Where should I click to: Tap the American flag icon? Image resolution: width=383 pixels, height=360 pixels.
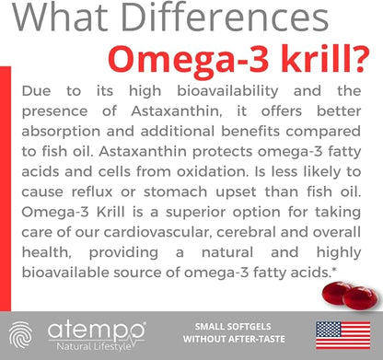point(341,334)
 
